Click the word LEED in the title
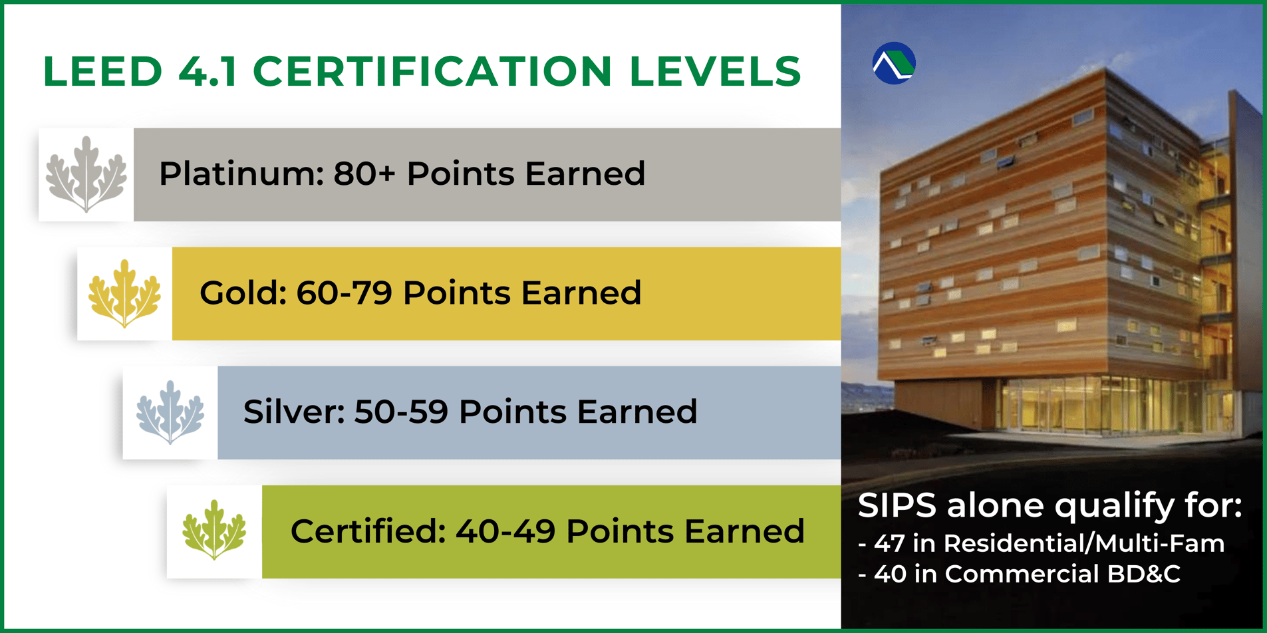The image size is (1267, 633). [102, 71]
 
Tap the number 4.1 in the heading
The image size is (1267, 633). [208, 71]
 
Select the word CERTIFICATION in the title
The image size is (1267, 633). [432, 71]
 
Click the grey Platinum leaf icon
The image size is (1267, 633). [86, 174]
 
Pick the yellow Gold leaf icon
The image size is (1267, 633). [124, 294]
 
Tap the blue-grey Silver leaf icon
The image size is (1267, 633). [170, 412]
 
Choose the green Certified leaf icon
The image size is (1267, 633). [214, 531]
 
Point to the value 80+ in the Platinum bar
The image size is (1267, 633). [364, 174]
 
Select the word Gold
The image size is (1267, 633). [243, 293]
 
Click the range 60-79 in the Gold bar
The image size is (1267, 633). [344, 293]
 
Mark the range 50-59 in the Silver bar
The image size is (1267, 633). [401, 412]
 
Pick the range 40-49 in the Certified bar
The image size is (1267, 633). [505, 531]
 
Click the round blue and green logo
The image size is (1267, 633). [894, 63]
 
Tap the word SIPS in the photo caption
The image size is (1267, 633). [897, 505]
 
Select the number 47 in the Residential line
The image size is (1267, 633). [889, 544]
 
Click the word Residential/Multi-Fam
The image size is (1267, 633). [1083, 544]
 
